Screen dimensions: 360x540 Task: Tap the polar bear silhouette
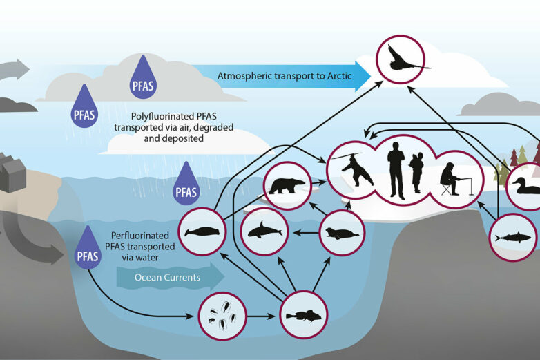287,185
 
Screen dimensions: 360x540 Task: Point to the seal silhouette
340,233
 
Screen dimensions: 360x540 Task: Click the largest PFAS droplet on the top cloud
144,78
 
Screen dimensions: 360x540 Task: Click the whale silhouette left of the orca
203,232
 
